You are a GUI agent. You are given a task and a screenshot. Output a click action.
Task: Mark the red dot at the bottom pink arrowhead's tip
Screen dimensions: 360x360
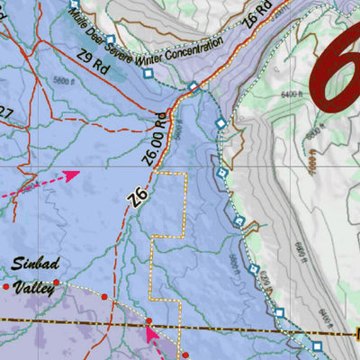(149, 321)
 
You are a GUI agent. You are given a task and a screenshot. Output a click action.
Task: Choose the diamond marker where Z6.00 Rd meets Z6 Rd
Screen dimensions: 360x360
(193, 87)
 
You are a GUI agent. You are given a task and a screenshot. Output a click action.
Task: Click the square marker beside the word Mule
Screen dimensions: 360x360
(74, 5)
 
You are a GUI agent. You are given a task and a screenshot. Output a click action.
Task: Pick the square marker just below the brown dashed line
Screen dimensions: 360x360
(316, 345)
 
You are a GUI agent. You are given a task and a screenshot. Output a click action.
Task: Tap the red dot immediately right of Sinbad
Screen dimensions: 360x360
(56, 283)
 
